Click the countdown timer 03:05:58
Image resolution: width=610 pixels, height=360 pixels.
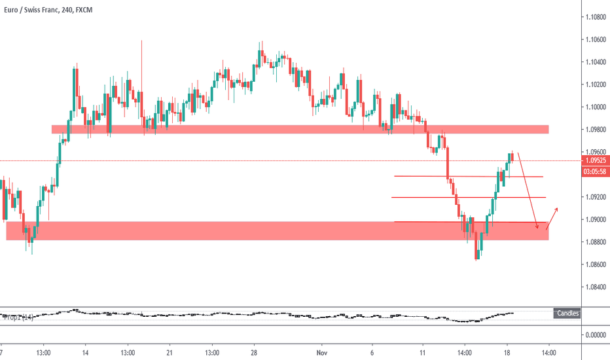594,171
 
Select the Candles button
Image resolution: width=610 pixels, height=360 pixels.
567,314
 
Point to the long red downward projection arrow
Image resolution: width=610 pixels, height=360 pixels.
528,190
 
